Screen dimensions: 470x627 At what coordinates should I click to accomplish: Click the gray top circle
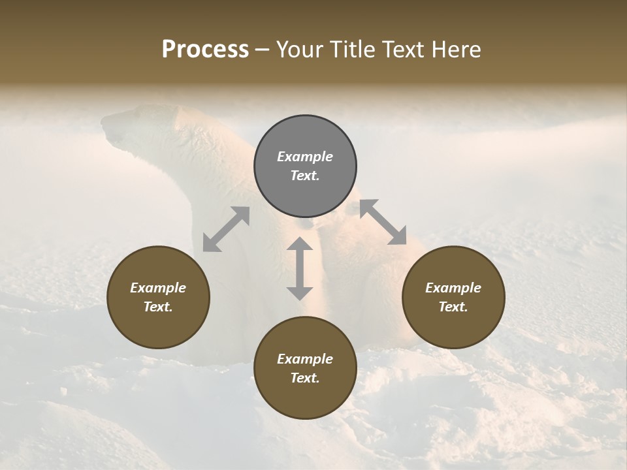click(x=305, y=166)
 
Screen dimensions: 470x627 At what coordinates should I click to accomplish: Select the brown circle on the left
click(x=158, y=297)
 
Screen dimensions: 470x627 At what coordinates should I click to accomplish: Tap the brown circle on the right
click(x=453, y=297)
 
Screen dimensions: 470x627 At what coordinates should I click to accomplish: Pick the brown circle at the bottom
click(x=305, y=368)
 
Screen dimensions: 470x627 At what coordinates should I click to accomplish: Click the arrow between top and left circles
click(x=226, y=229)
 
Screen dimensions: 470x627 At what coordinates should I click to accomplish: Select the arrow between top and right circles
click(x=383, y=222)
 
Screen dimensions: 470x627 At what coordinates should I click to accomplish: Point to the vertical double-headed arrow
click(x=300, y=268)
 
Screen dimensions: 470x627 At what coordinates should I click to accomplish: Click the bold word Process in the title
click(x=205, y=49)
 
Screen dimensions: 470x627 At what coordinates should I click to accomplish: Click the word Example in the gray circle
click(x=305, y=157)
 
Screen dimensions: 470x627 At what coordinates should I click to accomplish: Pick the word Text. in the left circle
click(x=158, y=307)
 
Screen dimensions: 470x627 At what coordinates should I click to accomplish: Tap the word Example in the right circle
click(x=453, y=288)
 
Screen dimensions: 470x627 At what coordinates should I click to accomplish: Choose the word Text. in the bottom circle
click(x=305, y=378)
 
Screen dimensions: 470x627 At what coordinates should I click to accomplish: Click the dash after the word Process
click(x=263, y=50)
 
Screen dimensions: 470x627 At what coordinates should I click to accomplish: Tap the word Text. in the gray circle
click(x=305, y=176)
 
